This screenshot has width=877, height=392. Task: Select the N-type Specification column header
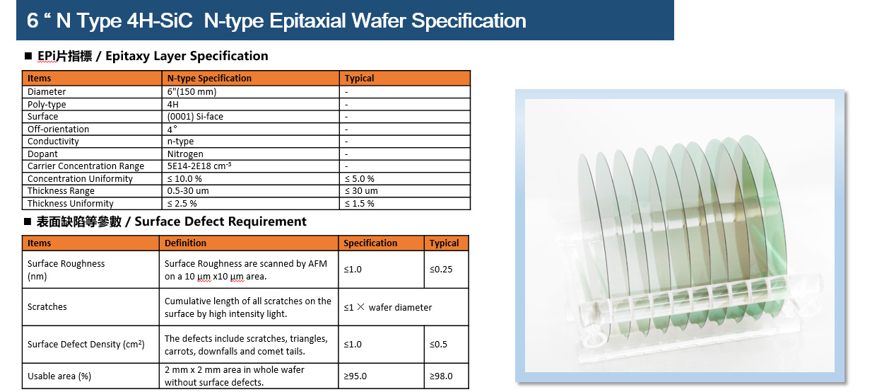coord(209,78)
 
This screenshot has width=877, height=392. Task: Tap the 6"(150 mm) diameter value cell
coord(192,91)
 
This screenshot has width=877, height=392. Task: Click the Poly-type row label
coord(47,104)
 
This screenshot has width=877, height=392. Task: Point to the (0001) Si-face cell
coord(195,117)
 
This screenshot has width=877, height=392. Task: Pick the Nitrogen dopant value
coord(185,154)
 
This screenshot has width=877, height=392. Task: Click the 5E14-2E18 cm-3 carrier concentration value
coord(199,166)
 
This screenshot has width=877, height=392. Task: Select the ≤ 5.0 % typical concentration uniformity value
coord(360,179)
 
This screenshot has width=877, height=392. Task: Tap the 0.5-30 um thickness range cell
coord(188,191)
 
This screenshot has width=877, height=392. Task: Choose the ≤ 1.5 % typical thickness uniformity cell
coord(360,204)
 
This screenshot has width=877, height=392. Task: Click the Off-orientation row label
coord(58,129)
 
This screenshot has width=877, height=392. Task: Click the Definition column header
coord(185,243)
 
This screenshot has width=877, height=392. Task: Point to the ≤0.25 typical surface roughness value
coord(441,270)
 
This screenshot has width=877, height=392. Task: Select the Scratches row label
coord(47,306)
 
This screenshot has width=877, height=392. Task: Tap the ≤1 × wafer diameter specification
coord(387,307)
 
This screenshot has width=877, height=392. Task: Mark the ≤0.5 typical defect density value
coord(438,344)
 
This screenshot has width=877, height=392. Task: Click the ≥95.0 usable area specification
coord(355,376)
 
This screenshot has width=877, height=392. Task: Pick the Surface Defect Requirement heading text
coord(220,221)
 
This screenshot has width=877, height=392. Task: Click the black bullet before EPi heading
coord(28,56)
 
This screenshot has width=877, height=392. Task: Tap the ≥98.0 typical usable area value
coord(441,376)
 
